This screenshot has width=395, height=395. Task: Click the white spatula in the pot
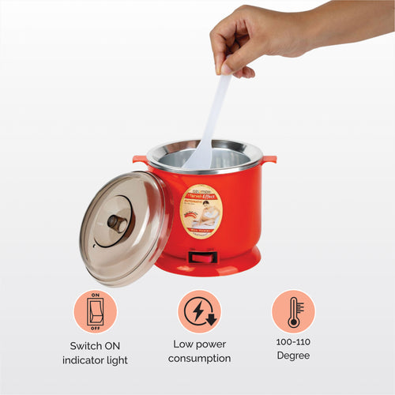[x=207, y=130]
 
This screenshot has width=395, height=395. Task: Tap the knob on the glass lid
[x=118, y=224]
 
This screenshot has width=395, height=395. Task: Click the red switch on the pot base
[x=202, y=257]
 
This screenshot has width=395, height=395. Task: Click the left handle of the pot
[x=140, y=160]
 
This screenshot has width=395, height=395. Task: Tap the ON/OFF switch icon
[x=96, y=310]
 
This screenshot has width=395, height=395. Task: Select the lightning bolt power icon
[x=199, y=310]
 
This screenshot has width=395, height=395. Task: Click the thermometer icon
[x=293, y=310]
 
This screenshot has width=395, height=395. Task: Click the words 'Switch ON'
[x=96, y=344]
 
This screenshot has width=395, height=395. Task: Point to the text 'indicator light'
[x=96, y=360]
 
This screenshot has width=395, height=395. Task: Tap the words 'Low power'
[x=199, y=344]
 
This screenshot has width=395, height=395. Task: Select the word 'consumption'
[x=199, y=359]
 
